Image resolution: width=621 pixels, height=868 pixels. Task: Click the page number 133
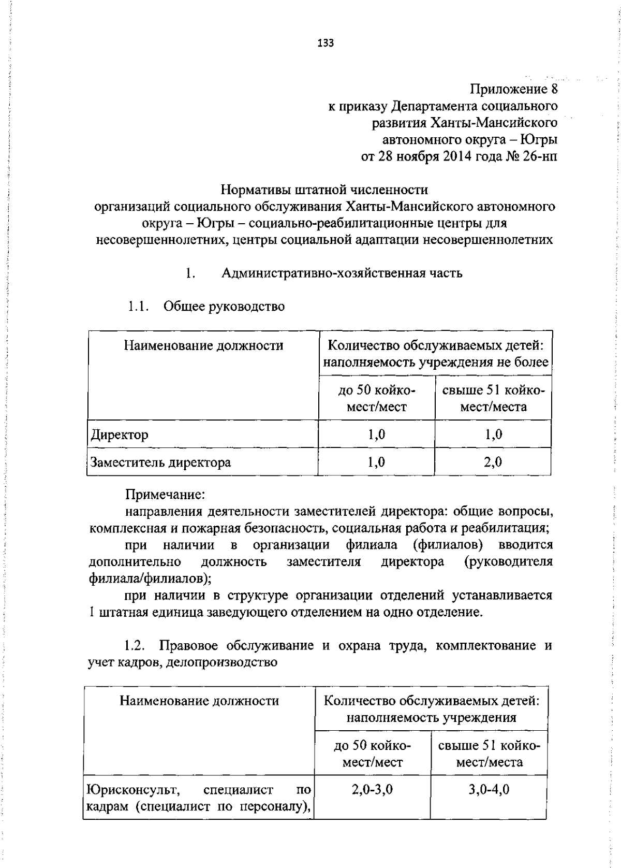coord(326,43)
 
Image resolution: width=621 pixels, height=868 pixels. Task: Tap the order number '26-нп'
coord(540,156)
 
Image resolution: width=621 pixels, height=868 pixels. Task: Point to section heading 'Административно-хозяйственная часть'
coord(342,273)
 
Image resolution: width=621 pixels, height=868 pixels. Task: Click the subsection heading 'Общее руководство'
coord(224,307)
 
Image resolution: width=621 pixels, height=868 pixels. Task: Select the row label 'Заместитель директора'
coord(160,462)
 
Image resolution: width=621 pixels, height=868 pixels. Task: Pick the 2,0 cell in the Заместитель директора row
coord(493,462)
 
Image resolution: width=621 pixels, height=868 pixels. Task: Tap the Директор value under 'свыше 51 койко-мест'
coord(493,435)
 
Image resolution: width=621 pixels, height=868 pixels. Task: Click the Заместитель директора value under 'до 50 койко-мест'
coord(376,462)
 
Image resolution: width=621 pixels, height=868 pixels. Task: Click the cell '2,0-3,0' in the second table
coord(372,790)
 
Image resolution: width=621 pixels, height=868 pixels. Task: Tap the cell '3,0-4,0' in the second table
coord(489,790)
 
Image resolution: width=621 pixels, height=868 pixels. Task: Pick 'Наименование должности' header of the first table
coord(203,345)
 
